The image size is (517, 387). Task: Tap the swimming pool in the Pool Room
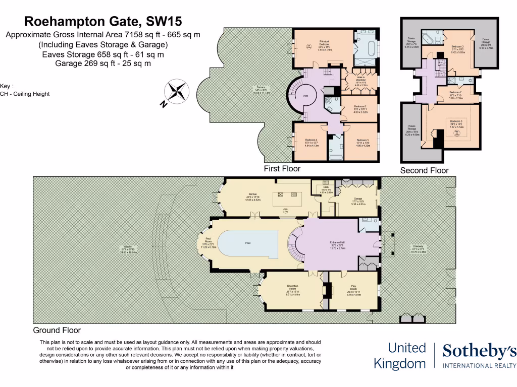248,243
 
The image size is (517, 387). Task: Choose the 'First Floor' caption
282,169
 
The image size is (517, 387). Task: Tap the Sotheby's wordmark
479,351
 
